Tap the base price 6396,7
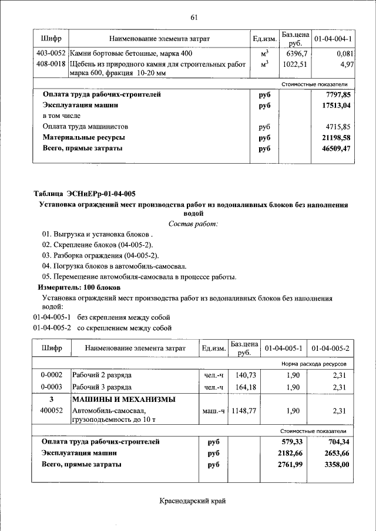pos(297,53)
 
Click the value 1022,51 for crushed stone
pos(296,64)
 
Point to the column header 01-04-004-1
pos(333,39)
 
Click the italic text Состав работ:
pos(193,224)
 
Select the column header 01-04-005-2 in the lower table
pos(331,349)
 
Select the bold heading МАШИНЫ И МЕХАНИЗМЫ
pos(123,400)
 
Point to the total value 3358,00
pos(337,464)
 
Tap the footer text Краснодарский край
pos(192,500)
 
